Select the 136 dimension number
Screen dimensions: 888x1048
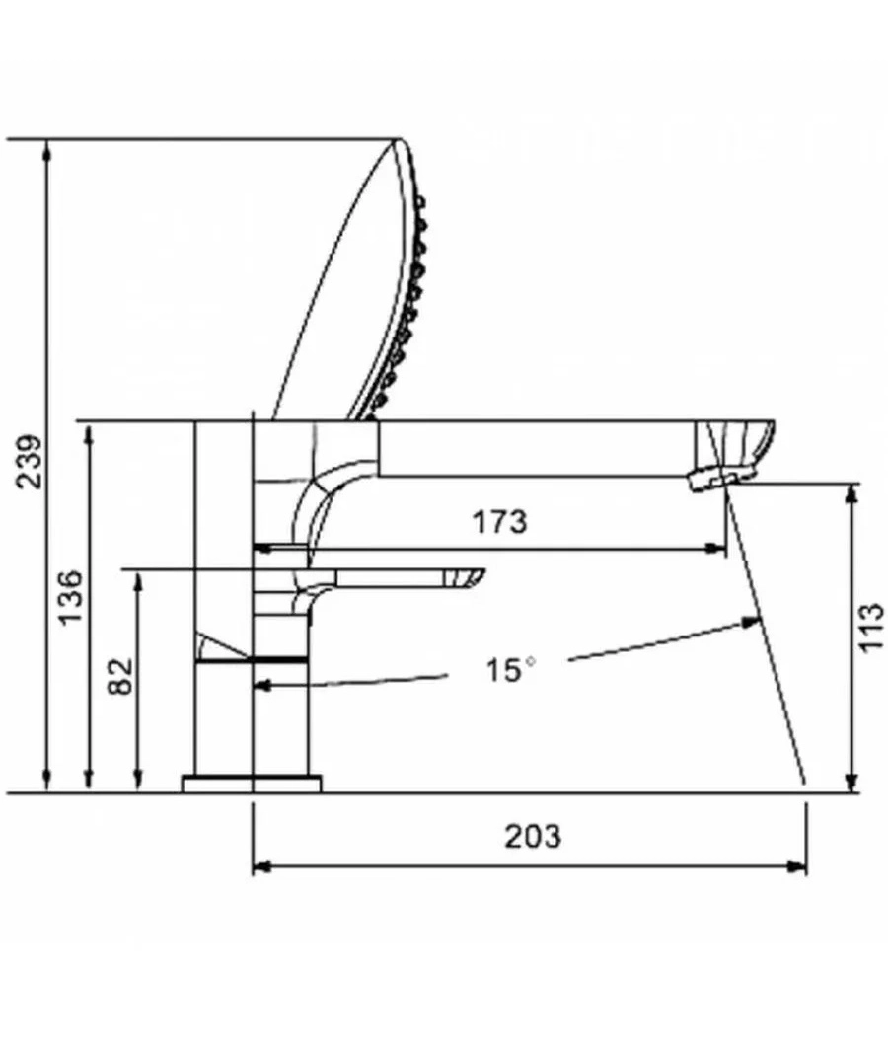71,597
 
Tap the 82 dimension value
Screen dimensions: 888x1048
121,676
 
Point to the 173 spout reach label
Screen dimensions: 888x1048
500,521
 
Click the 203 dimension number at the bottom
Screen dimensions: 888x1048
533,836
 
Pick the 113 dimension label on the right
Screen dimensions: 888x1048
870,628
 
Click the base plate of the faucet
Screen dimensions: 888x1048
252,784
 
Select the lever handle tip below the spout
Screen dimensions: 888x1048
468,579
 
